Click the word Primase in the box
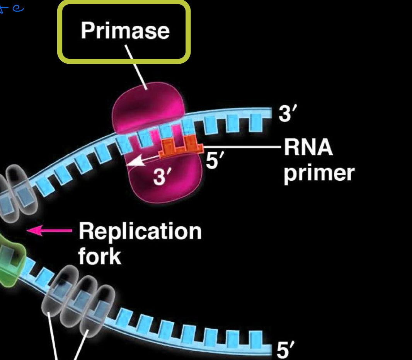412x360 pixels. coord(125,30)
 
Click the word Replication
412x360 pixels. coord(140,232)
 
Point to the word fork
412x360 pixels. coord(99,256)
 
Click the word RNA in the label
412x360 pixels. coord(308,148)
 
